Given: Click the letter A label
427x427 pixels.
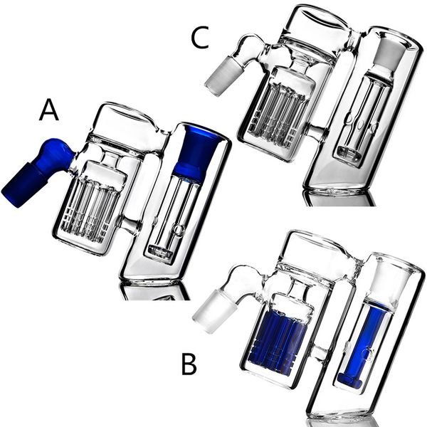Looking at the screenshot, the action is [x=48, y=110].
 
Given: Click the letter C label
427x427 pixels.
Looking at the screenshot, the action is [x=200, y=38].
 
